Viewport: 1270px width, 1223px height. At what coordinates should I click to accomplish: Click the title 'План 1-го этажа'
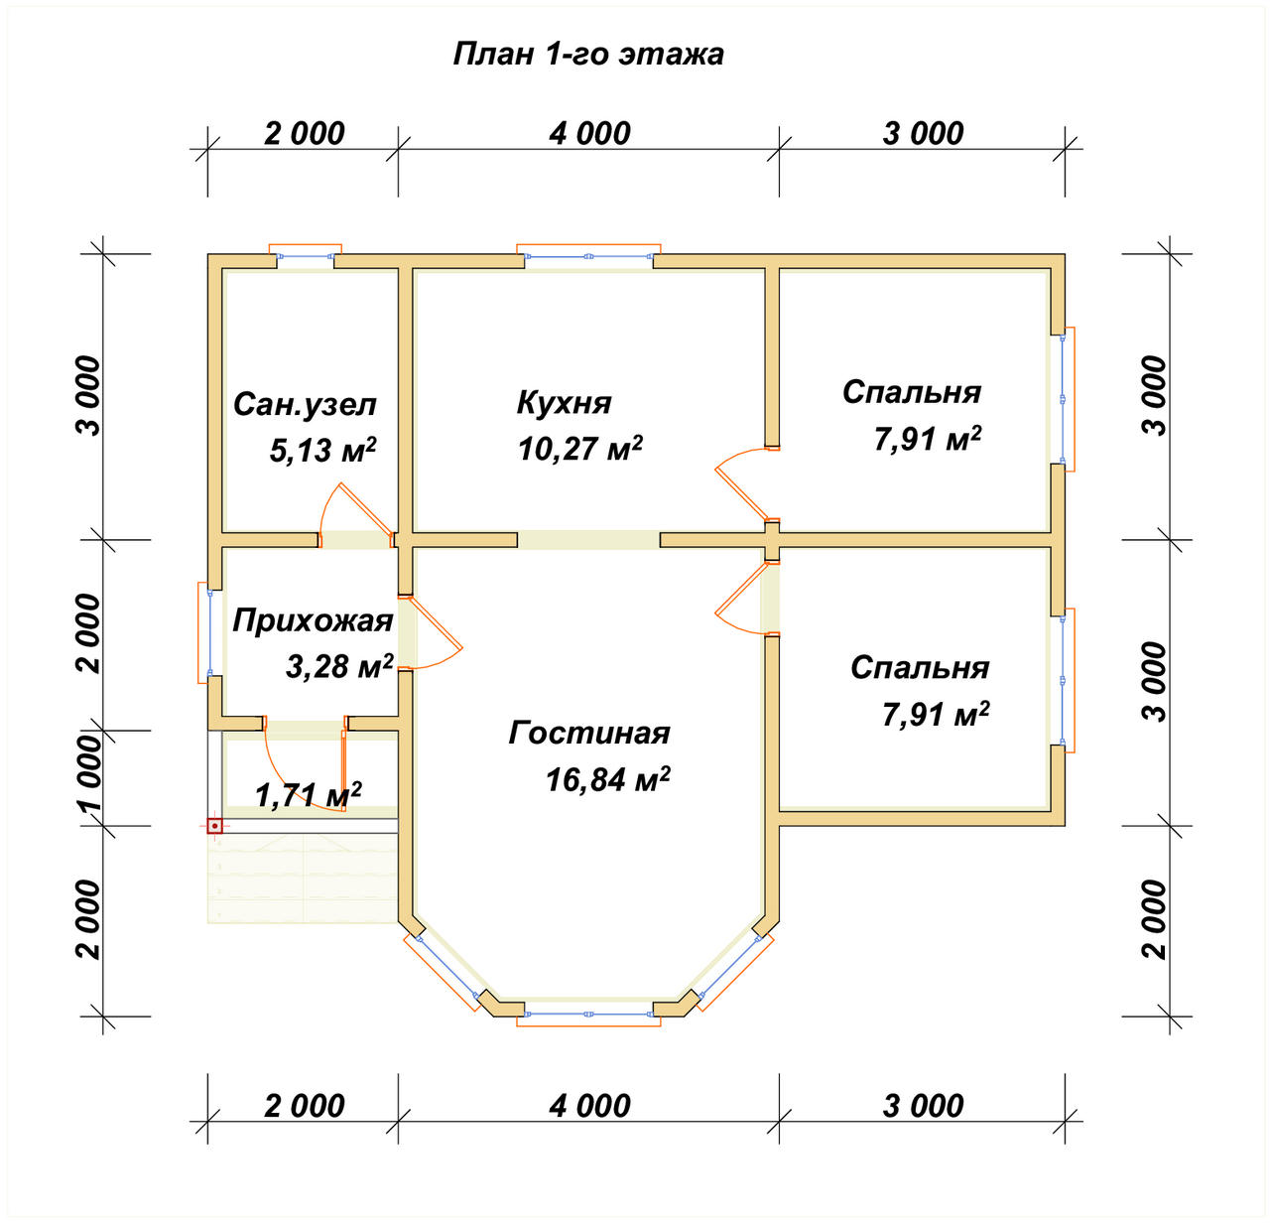[x=588, y=54]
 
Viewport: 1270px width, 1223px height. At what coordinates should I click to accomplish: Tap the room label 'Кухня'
[x=564, y=402]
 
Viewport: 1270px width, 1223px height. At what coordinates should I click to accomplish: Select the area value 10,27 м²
[x=580, y=448]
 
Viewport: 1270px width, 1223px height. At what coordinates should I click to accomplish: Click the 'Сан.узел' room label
[x=305, y=404]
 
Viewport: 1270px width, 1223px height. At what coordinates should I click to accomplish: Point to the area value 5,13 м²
[x=322, y=450]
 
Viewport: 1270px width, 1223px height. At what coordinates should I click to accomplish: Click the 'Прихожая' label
[x=313, y=620]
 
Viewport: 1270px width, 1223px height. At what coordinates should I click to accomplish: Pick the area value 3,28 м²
[x=339, y=666]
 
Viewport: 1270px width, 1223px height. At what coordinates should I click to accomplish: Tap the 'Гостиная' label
[x=589, y=733]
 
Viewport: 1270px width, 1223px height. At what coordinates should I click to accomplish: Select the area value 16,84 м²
[x=607, y=778]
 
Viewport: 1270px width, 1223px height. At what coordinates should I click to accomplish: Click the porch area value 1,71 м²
[x=308, y=794]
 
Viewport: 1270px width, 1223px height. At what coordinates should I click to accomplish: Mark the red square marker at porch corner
[x=214, y=826]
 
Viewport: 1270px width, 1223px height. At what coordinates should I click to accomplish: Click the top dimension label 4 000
[x=589, y=134]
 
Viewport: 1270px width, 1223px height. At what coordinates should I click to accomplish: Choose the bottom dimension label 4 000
[x=589, y=1106]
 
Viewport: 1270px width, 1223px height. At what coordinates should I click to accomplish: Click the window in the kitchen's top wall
[x=588, y=257]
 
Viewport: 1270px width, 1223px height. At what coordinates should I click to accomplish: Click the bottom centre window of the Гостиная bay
[x=588, y=1014]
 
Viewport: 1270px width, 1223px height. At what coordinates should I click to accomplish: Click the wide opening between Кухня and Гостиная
[x=588, y=539]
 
